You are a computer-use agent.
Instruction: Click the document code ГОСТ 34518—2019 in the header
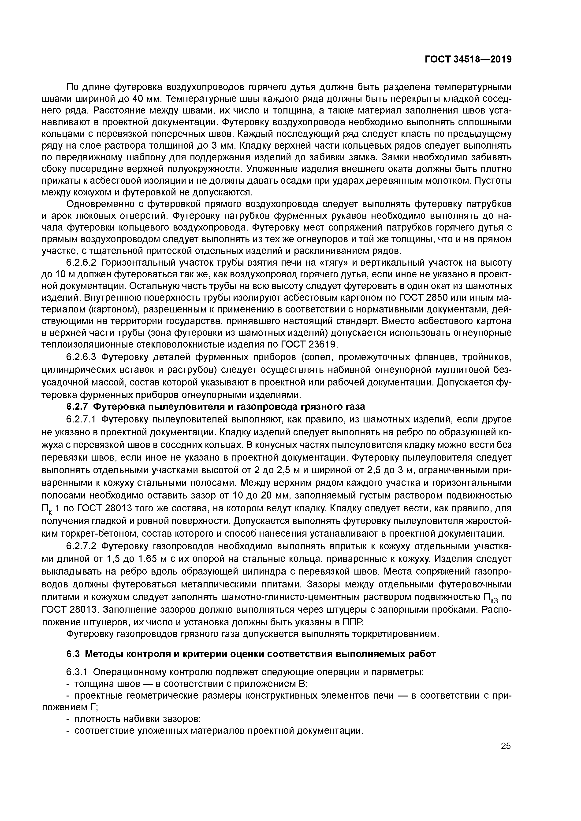468,59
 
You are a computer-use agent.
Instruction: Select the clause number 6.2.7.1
82,419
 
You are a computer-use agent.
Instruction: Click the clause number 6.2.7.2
82,546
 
